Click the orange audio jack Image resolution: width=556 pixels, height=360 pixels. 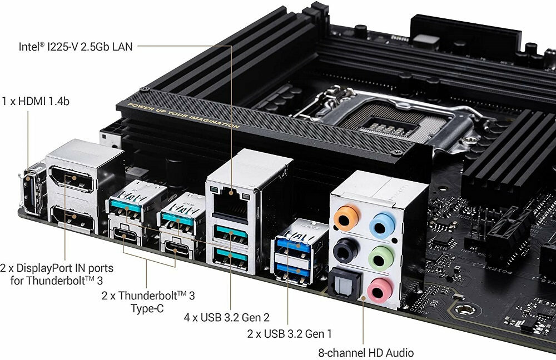(346, 218)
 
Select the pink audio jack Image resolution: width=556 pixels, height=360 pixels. (380, 291)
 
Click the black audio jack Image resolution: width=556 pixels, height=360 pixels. (345, 250)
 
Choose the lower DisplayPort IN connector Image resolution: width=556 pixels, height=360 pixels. (73, 218)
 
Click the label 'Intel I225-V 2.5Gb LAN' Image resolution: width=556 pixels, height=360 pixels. (76, 47)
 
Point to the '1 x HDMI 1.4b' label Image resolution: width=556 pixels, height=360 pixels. (36, 101)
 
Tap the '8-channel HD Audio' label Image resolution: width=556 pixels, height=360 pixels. (366, 353)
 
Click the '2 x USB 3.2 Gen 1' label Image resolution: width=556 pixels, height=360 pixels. (289, 334)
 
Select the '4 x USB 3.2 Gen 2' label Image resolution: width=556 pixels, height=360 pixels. (227, 317)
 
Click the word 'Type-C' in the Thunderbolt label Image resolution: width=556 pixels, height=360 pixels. (147, 308)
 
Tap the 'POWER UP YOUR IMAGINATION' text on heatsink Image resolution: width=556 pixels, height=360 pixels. (183, 116)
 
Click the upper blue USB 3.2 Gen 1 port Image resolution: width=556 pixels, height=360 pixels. (293, 245)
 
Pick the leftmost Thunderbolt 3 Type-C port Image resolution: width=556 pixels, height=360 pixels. (125, 234)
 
